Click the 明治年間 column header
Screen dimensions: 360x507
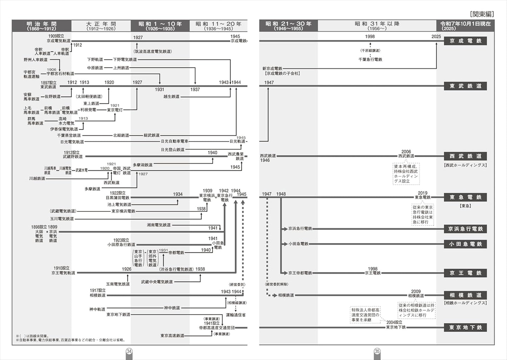coord(41,26)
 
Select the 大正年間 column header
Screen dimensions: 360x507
coord(101,26)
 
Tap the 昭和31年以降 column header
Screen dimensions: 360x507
coord(377,26)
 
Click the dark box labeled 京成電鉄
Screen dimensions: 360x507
coord(465,41)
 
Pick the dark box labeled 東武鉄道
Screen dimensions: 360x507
coord(465,86)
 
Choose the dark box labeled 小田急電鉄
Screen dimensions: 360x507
coord(465,244)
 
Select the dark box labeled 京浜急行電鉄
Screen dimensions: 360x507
coord(465,229)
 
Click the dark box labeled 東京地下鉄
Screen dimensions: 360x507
coord(465,327)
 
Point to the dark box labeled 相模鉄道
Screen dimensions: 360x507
coord(465,295)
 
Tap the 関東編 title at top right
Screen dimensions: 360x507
coord(482,14)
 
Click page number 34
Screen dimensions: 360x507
coord(129,351)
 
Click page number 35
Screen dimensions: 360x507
coord(377,351)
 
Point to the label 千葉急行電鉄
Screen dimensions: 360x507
coord(370,60)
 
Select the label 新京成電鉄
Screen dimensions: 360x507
coord(272,69)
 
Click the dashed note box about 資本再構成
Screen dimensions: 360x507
coord(406,174)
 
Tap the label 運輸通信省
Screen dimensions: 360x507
coord(235,315)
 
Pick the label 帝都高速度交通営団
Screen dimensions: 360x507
coord(217,328)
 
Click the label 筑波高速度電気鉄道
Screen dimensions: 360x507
coord(153,52)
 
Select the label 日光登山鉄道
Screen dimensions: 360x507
coord(173,150)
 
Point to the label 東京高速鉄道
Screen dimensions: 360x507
coord(172,336)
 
